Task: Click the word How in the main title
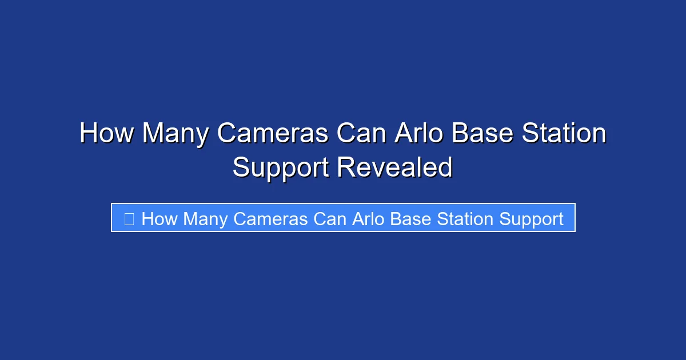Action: pyautogui.click(x=107, y=134)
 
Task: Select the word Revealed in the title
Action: pyautogui.click(x=394, y=168)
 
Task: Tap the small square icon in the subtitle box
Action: pyautogui.click(x=129, y=219)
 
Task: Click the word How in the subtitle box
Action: pyautogui.click(x=159, y=219)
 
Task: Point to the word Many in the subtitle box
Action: pyautogui.click(x=206, y=219)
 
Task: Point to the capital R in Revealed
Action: pyautogui.click(x=345, y=168)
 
